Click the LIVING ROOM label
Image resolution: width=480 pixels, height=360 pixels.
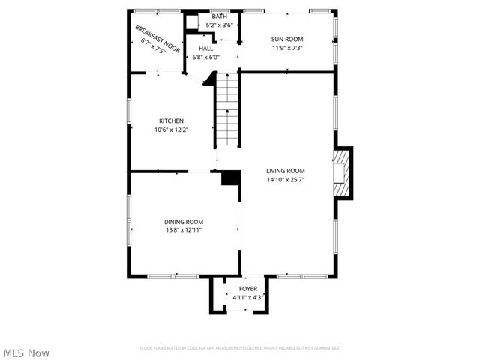pos(285,170)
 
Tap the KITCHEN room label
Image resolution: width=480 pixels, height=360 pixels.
pos(171,121)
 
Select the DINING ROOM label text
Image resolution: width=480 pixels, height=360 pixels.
pos(184,221)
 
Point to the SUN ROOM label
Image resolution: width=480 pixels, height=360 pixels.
pos(286,39)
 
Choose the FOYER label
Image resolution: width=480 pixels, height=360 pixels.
pos(248,289)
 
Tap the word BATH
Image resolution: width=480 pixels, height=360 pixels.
pos(219,16)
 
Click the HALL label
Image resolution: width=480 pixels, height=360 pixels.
pos(205,48)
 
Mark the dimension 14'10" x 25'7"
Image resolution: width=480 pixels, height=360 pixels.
pos(285,179)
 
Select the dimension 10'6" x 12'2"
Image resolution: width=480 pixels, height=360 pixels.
pos(171,130)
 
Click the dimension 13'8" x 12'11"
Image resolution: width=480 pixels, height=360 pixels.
pos(184,230)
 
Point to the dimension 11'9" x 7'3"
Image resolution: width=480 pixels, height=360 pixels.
pos(286,48)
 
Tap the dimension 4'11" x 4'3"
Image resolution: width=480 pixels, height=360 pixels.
pos(248,298)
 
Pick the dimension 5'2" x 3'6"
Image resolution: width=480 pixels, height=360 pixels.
pos(219,25)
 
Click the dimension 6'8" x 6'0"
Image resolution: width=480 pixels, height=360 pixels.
pos(205,57)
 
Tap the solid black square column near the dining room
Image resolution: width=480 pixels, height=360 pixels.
pos(231,178)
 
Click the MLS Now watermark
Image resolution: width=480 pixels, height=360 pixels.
pos(26,352)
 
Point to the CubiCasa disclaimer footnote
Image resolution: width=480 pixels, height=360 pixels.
pos(240,348)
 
